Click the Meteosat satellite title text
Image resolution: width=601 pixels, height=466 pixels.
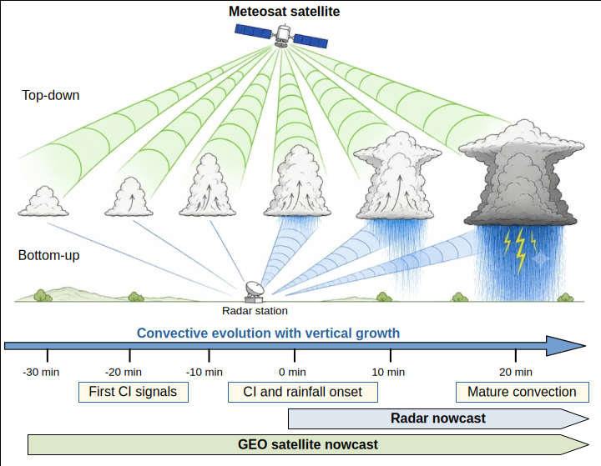[x=284, y=11]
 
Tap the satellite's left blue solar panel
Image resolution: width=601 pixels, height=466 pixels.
[x=254, y=31]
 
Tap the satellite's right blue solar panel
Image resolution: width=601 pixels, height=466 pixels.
[x=311, y=41]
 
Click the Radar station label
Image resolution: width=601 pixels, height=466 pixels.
[x=255, y=311]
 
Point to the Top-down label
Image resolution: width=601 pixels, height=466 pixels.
[x=51, y=95]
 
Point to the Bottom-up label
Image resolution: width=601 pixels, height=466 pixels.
[x=48, y=255]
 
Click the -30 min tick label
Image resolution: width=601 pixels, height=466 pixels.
[x=41, y=372]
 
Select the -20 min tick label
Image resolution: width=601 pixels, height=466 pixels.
[x=124, y=372]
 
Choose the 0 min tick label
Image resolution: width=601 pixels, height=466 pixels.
[x=292, y=372]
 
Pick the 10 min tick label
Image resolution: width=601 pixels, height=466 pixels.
[x=388, y=372]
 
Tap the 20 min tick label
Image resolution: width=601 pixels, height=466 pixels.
[x=516, y=372]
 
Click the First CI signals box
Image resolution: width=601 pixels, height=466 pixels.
[x=134, y=392]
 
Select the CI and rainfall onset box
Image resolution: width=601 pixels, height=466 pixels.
[x=303, y=392]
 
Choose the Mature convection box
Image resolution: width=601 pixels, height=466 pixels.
[x=522, y=392]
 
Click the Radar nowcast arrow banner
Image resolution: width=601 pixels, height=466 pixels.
[x=438, y=418]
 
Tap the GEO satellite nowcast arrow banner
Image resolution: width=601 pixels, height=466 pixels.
[x=308, y=444]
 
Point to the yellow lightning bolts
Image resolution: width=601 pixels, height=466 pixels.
[x=520, y=249]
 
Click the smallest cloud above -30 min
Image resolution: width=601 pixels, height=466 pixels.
[x=43, y=202]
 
